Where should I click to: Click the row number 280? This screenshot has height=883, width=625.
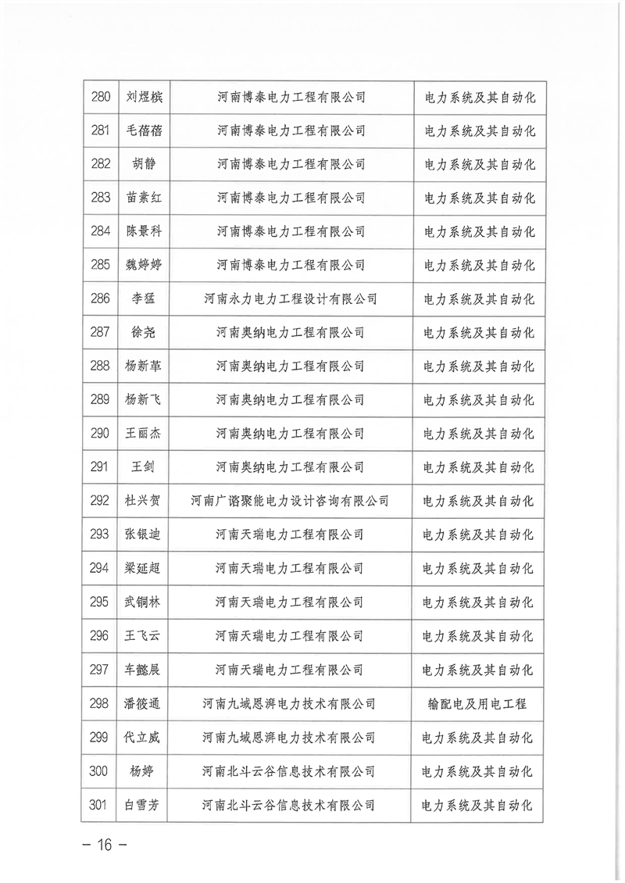[x=101, y=98]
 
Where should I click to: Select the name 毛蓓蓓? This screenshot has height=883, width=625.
[x=144, y=131]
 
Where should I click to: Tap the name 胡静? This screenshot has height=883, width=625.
[x=144, y=165]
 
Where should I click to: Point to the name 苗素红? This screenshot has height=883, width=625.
[x=144, y=198]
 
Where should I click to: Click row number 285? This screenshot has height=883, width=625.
[x=101, y=265]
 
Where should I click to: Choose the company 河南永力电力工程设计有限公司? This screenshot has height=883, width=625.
[x=290, y=299]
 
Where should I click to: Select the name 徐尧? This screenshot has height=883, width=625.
[x=144, y=332]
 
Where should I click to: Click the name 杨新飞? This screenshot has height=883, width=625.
[x=144, y=399]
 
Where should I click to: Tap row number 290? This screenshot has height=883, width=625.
[x=101, y=433]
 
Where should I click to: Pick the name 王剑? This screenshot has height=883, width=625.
[x=144, y=467]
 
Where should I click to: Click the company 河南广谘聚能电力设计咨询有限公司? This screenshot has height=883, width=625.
[x=290, y=501]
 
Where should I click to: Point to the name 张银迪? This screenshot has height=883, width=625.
[x=144, y=534]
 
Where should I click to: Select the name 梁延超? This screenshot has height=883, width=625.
[x=144, y=568]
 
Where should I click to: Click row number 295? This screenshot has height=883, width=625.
[x=101, y=602]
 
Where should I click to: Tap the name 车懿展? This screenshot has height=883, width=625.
[x=144, y=670]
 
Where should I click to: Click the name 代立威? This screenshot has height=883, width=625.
[x=144, y=737]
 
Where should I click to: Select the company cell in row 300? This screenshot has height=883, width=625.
[x=290, y=771]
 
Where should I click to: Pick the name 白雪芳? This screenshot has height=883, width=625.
[x=144, y=805]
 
